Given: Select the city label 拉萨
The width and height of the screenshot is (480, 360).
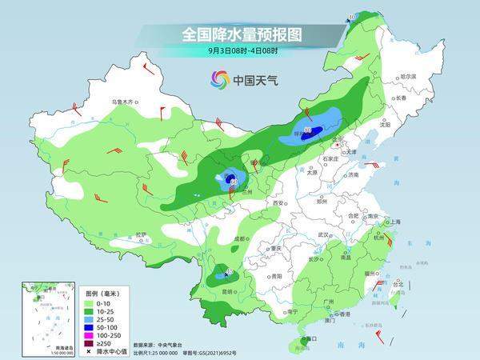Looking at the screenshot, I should (141, 234).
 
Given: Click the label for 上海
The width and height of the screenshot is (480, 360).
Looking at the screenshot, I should (394, 222).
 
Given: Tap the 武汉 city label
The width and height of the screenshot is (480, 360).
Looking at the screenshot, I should (323, 234).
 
